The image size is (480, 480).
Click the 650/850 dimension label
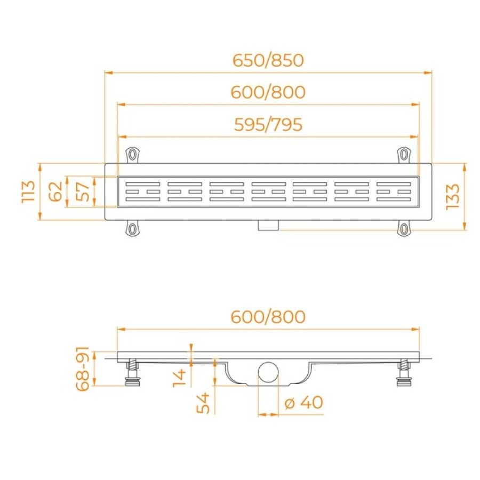click(x=268, y=60)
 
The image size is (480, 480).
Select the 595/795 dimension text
click(x=268, y=125)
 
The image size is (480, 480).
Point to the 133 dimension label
click(x=452, y=197)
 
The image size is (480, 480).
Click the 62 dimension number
click(x=55, y=191)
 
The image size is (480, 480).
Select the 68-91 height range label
click(x=83, y=369)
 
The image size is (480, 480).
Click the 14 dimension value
click(x=179, y=378)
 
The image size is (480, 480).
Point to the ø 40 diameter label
click(x=303, y=402)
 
